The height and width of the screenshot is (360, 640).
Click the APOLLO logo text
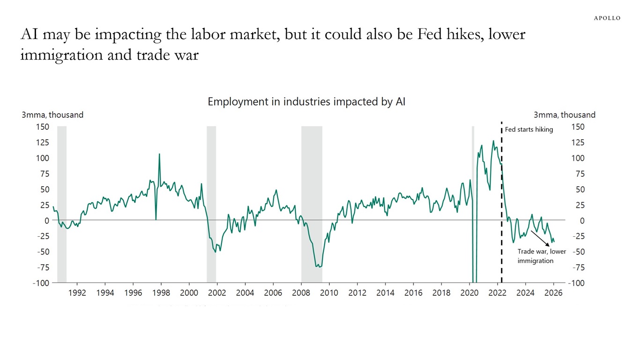pyautogui.click(x=607, y=18)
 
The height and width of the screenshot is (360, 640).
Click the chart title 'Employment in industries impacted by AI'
pyautogui.click(x=306, y=102)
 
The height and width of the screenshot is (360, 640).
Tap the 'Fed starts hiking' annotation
pyautogui.click(x=529, y=129)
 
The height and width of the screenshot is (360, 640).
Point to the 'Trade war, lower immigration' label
pyautogui.click(x=541, y=256)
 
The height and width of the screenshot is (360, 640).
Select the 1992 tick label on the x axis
pyautogui.click(x=77, y=293)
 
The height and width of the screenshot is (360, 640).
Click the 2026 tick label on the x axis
pyautogui.click(x=553, y=293)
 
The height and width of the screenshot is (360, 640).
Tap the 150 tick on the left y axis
pyautogui.click(x=42, y=127)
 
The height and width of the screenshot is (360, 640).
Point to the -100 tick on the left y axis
pyautogui.click(x=41, y=283)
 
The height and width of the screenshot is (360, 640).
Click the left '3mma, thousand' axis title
pyautogui.click(x=52, y=115)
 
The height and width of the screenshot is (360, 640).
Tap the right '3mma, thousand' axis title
pyautogui.click(x=565, y=115)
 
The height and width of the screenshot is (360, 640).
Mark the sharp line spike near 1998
pyautogui.click(x=159, y=154)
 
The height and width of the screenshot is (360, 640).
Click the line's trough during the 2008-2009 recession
pyautogui.click(x=319, y=267)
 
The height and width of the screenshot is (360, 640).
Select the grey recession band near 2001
pyautogui.click(x=211, y=204)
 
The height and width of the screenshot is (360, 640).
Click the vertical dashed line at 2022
pyautogui.click(x=502, y=211)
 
